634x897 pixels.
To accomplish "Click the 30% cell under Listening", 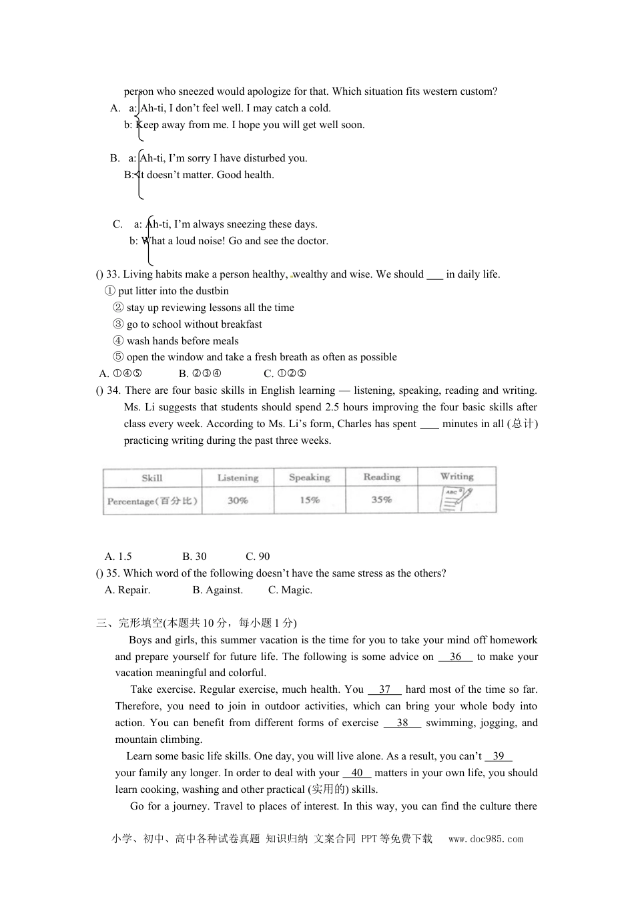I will tap(238, 501).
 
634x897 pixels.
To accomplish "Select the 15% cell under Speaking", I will tap(310, 501).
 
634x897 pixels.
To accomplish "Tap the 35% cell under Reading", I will tap(382, 500).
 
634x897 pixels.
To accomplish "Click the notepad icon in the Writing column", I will tap(457, 499).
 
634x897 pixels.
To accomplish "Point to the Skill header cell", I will tap(152, 478).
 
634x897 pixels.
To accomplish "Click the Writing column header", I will tap(457, 477).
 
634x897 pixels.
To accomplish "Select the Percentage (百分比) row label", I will tap(153, 501).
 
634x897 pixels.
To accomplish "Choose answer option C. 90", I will tap(258, 557).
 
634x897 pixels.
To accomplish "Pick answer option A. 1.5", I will tap(118, 557).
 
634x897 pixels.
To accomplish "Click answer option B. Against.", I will tap(218, 590).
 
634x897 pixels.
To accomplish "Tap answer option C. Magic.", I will tap(290, 590).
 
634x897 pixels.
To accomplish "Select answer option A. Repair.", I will tap(127, 590).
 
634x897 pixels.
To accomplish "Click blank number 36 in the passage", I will tap(456, 657).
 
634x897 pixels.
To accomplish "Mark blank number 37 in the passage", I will tap(384, 689).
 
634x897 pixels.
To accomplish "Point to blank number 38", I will tap(402, 723).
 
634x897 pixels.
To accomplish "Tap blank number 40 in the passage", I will tap(357, 773).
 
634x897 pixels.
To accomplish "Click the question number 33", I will tap(112, 274).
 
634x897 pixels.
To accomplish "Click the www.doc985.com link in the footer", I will tap(486, 840).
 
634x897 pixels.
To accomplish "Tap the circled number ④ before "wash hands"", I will tap(119, 341).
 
